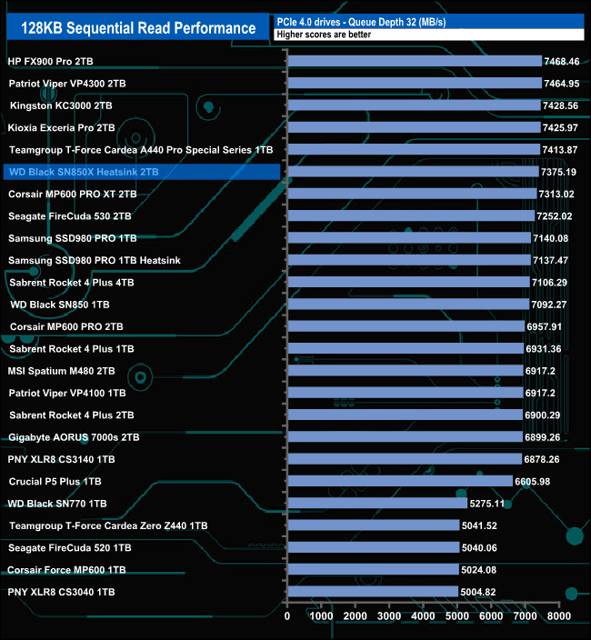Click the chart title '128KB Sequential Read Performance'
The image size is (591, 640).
(x=132, y=28)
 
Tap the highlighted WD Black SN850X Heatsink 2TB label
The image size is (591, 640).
(x=83, y=172)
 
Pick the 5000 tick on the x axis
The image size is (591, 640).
(x=457, y=615)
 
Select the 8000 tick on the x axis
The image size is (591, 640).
(x=558, y=615)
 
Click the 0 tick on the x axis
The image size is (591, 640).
(x=287, y=615)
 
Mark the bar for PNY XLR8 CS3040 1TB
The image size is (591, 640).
(x=372, y=592)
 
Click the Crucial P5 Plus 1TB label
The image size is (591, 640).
(x=55, y=481)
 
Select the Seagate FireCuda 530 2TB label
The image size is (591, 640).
(x=70, y=216)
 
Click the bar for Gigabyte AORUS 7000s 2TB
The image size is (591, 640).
(x=405, y=437)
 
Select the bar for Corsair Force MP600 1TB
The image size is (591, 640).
(x=373, y=570)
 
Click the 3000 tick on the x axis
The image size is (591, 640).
(x=389, y=615)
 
